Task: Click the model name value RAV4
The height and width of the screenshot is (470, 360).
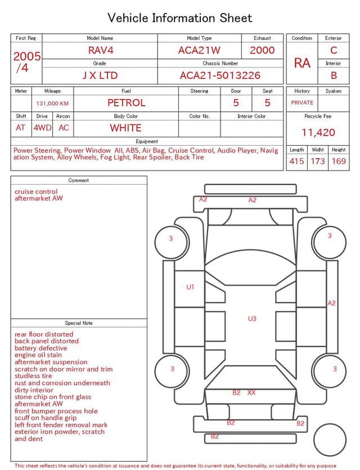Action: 101,50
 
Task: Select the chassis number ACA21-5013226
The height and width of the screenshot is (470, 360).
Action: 220,75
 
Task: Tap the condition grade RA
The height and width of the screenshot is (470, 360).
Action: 302,63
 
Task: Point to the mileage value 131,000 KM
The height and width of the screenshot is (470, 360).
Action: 52,104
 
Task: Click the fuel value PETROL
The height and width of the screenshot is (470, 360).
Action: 127,103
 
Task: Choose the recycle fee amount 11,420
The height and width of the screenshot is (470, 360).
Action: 318,132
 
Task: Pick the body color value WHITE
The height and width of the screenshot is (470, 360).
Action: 125,128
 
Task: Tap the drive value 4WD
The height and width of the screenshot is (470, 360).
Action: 42,128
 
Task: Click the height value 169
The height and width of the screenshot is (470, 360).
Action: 339,161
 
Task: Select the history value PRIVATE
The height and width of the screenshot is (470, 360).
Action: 302,102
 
